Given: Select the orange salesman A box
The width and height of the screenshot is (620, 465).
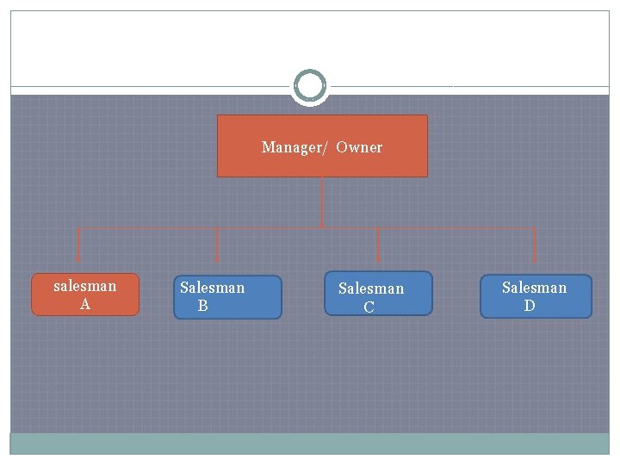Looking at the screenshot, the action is (85, 294).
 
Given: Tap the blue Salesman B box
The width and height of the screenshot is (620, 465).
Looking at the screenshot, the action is (227, 297).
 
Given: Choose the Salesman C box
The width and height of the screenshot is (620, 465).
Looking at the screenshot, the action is (378, 294).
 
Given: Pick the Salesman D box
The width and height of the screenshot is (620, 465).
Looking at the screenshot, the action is (536, 296).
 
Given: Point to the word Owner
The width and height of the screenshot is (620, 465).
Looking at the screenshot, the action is (359, 147).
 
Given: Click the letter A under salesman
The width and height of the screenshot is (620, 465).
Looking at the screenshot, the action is (85, 304).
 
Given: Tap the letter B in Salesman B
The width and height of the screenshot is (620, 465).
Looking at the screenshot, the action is (203, 306).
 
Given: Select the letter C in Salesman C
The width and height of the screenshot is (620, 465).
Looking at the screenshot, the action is (369, 307).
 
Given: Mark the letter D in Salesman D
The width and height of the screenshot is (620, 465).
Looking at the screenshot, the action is (530, 306).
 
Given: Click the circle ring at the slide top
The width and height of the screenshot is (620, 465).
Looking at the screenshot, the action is (310, 86).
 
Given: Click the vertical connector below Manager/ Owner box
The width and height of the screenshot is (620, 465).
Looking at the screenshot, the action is (322, 202).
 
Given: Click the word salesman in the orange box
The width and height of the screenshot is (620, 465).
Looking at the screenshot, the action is (85, 286).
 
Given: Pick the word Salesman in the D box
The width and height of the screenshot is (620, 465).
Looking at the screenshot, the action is (535, 288).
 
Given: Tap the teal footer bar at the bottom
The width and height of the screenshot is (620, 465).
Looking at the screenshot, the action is (310, 443).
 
